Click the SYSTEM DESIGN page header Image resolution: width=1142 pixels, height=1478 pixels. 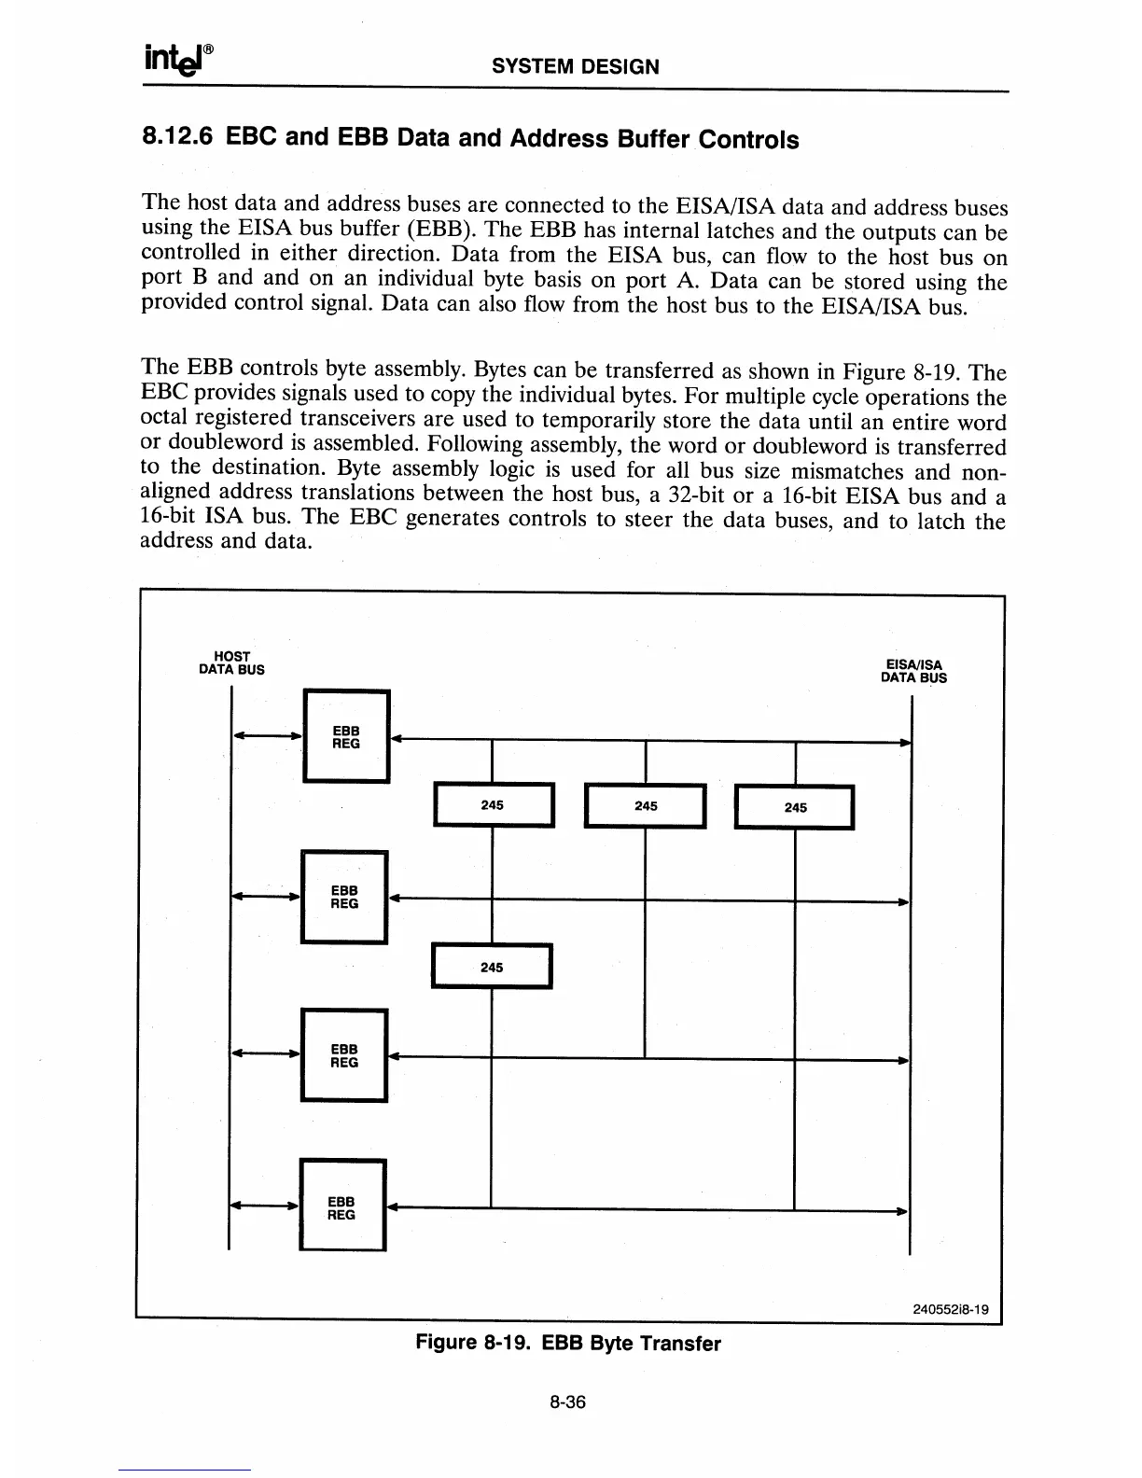point(575,66)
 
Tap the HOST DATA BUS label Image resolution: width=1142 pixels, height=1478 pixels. point(231,662)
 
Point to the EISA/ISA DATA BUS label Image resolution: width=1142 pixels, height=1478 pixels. point(913,672)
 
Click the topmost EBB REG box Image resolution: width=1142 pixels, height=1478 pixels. point(346,735)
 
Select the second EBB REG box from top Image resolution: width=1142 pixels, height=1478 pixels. point(344,897)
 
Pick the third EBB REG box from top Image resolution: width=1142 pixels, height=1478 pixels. point(344,1055)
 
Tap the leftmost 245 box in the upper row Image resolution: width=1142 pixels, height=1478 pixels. point(494,805)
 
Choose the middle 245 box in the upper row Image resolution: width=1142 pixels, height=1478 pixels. point(645,805)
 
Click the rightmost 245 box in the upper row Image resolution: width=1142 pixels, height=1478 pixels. point(795,807)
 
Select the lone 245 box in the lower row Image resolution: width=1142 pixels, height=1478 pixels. point(492,967)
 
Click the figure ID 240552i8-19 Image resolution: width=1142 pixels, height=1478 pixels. point(950,1308)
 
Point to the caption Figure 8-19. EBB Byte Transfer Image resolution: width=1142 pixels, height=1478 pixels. point(568,1344)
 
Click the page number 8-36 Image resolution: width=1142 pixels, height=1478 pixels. point(567,1402)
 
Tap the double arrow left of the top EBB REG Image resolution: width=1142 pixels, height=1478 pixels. point(267,736)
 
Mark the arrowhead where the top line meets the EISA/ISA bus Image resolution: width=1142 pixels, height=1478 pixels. point(904,742)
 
